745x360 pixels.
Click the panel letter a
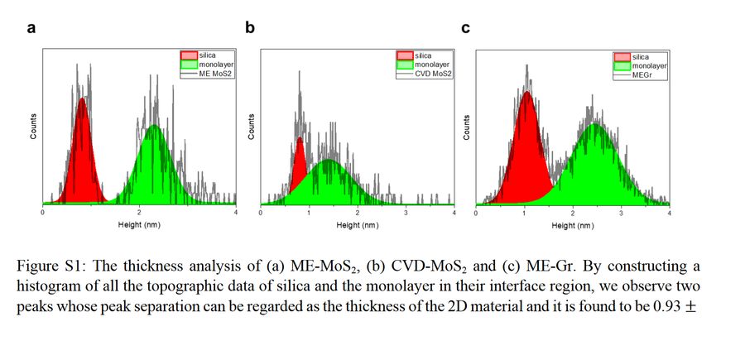[x=31, y=29]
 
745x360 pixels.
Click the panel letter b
[x=250, y=29]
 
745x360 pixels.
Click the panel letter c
[x=466, y=29]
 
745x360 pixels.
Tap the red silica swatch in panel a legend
[x=188, y=55]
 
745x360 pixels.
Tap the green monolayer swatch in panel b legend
[x=406, y=64]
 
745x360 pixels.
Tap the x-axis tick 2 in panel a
[x=139, y=213]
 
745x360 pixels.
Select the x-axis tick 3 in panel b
[x=406, y=213]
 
